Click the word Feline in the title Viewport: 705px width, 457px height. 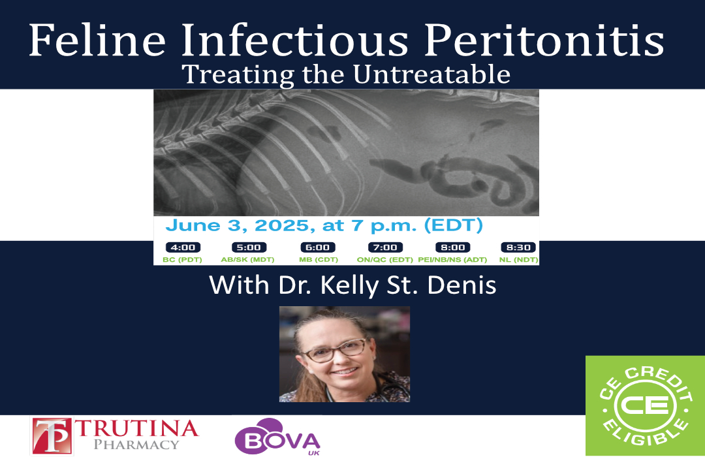pyautogui.click(x=97, y=40)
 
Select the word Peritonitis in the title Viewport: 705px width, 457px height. pyautogui.click(x=544, y=40)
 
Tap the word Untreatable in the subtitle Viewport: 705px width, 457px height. pyautogui.click(x=431, y=74)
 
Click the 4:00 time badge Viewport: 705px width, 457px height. pyautogui.click(x=183, y=247)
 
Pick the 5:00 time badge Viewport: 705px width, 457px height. pyautogui.click(x=249, y=247)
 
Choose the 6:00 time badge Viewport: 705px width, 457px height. pyautogui.click(x=318, y=247)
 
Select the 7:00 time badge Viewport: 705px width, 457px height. pyautogui.click(x=385, y=247)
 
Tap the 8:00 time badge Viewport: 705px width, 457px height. pyautogui.click(x=453, y=247)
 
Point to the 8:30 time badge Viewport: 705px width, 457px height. pyautogui.click(x=518, y=247)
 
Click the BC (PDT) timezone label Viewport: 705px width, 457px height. pyautogui.click(x=182, y=260)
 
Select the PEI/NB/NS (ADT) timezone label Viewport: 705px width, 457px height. pyautogui.click(x=452, y=260)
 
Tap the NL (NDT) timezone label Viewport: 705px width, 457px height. pyautogui.click(x=518, y=260)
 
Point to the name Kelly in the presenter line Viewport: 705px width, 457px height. pyautogui.click(x=350, y=286)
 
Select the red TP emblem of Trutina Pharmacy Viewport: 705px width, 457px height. pyautogui.click(x=52, y=435)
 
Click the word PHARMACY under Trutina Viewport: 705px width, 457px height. pyautogui.click(x=136, y=445)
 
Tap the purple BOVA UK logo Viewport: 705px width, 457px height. pyautogui.click(x=277, y=437)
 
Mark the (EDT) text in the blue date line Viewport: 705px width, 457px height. pyautogui.click(x=453, y=225)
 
